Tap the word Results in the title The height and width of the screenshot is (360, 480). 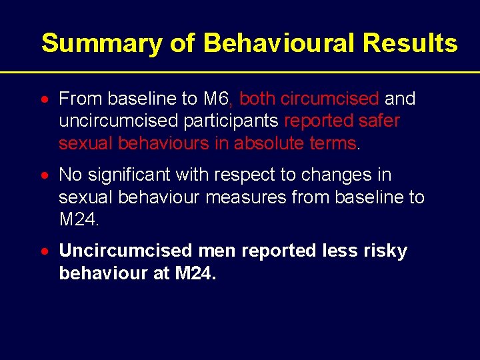410,44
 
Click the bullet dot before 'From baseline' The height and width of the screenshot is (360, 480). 44,100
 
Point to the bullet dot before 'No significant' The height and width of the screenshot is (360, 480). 44,176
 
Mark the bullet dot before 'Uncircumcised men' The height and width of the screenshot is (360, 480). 44,252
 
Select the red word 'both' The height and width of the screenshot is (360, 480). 257,99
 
